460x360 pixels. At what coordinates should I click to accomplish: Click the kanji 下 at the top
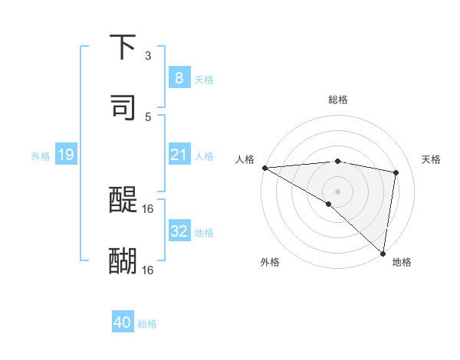tap(123, 47)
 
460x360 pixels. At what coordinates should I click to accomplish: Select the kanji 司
tap(123, 107)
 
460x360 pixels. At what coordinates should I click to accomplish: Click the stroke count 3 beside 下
tap(148, 56)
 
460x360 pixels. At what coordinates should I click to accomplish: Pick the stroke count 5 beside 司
tap(148, 116)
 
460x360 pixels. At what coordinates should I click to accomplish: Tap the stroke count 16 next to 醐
tap(149, 270)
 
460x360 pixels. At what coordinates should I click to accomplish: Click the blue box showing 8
tap(179, 77)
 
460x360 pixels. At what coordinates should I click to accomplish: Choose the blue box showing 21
tap(179, 155)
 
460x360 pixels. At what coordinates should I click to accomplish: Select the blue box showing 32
tap(179, 231)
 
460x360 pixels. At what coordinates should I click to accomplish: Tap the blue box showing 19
tap(65, 155)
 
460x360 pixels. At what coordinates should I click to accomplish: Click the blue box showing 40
tap(123, 322)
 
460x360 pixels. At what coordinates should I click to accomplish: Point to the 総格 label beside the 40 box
tap(147, 324)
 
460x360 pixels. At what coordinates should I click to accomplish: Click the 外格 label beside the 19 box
tap(41, 156)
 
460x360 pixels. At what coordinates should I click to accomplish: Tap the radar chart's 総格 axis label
tap(337, 100)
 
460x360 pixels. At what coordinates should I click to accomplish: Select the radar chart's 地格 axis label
tap(402, 262)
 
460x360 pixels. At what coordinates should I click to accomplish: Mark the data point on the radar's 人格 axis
tap(264, 168)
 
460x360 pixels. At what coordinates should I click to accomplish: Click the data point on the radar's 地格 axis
tap(383, 254)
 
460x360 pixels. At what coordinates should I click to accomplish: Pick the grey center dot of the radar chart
tap(337, 190)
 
